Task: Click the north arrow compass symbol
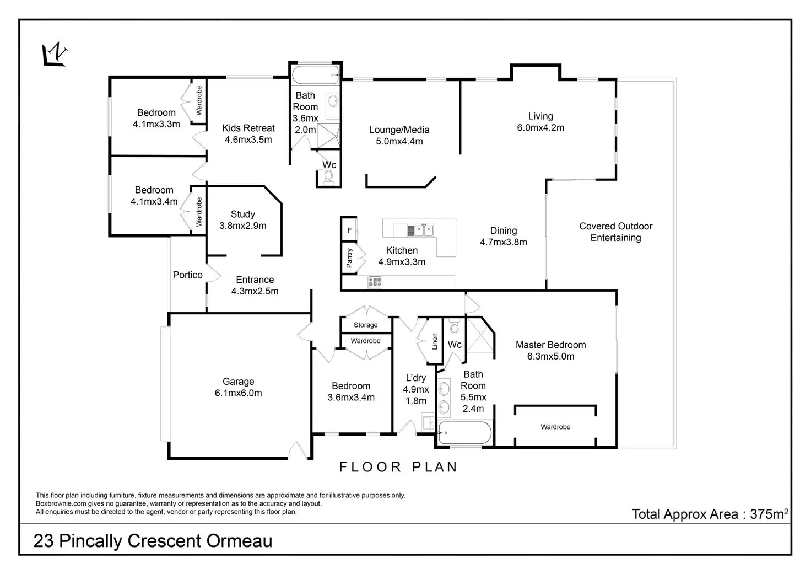click(55, 55)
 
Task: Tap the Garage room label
click(239, 387)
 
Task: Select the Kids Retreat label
click(248, 134)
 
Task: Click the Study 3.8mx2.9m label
click(243, 220)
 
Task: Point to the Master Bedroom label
click(550, 351)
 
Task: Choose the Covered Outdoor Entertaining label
click(615, 232)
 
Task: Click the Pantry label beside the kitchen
click(349, 258)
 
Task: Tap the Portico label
click(188, 275)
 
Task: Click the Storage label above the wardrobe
click(366, 325)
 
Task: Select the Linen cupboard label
click(435, 341)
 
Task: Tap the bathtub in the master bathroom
click(464, 433)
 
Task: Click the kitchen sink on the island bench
click(420, 229)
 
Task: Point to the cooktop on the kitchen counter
click(375, 282)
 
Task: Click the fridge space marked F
click(349, 230)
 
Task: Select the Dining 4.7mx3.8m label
click(504, 237)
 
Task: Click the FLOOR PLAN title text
click(398, 467)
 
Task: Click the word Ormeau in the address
click(240, 541)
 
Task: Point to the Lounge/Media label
click(399, 136)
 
